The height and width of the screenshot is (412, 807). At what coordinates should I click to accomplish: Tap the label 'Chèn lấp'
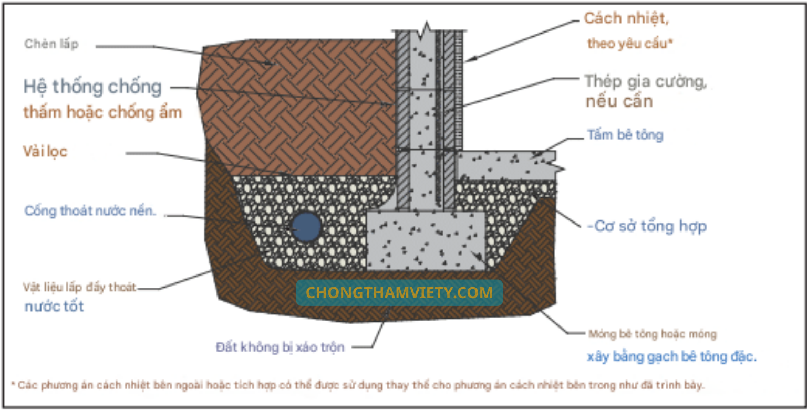tap(51, 44)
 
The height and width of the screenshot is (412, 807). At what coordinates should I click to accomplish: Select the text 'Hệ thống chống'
tap(92, 87)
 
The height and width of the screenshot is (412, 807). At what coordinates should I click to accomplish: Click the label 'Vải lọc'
tap(45, 152)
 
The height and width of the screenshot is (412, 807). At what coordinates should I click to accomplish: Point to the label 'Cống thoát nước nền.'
tap(90, 211)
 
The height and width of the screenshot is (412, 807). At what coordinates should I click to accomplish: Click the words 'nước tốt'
tap(54, 307)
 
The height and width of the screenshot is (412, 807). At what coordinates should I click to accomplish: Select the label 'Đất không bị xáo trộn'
tap(280, 347)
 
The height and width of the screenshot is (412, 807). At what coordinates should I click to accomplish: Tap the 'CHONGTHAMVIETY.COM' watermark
tap(399, 293)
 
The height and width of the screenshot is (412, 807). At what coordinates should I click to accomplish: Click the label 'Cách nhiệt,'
tap(626, 19)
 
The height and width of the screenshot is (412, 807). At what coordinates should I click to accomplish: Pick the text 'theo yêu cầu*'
tap(630, 44)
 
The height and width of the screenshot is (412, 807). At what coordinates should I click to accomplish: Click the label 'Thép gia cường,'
tap(646, 81)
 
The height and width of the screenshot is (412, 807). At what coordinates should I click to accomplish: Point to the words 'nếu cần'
tap(619, 101)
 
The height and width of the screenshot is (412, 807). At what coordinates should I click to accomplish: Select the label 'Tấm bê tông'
tap(625, 135)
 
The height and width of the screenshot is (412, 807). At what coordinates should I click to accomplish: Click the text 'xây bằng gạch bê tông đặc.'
tap(671, 357)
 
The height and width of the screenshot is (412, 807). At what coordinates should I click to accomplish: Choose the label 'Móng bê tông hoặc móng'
tap(652, 334)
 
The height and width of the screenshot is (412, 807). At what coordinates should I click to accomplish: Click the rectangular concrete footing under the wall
tap(425, 241)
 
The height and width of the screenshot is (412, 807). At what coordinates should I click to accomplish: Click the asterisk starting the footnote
tap(13, 385)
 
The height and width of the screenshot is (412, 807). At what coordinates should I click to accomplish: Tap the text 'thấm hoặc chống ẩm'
tap(102, 112)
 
